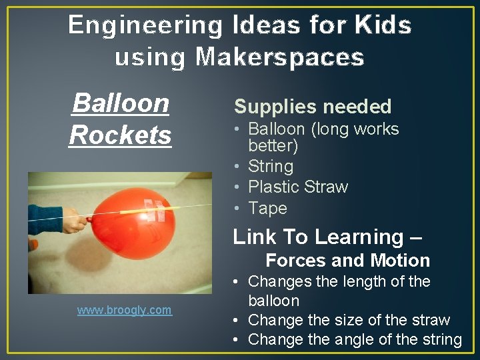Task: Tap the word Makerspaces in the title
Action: (280, 57)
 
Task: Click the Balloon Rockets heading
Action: (120, 119)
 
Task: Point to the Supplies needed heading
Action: (313, 107)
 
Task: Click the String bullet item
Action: (270, 166)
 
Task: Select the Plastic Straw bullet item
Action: (297, 187)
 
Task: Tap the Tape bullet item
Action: (267, 208)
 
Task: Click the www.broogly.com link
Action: (124, 310)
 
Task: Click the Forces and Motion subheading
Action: (347, 260)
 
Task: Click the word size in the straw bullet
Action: (360, 320)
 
